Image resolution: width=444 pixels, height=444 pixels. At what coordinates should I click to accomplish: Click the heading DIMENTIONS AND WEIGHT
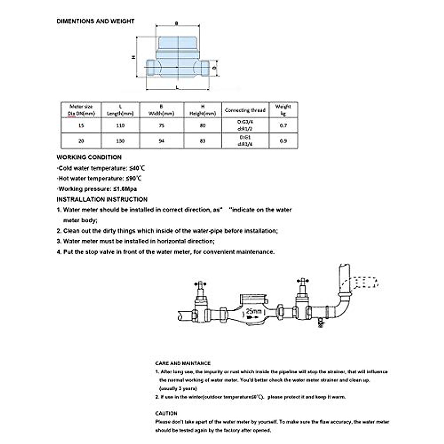95,21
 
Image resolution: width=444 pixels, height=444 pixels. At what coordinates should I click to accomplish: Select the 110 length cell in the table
120,125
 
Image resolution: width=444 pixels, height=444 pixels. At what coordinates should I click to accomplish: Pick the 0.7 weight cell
283,125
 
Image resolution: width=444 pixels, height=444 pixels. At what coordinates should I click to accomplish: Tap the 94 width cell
161,141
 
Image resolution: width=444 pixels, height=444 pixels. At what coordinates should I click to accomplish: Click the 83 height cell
203,141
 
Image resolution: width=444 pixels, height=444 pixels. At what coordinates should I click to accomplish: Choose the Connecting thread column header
245,110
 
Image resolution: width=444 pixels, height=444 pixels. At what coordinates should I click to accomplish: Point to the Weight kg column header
283,110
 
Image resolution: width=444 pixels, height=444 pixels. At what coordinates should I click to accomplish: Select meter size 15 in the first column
81,125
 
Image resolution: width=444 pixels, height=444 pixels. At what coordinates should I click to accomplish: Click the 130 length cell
120,141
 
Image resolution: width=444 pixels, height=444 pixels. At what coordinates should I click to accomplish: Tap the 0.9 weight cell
283,141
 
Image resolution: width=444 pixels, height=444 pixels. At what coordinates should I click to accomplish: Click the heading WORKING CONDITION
89,157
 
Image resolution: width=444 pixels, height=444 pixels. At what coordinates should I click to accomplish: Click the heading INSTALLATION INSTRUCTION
102,199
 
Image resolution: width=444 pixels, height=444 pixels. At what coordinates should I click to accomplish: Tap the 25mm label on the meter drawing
253,311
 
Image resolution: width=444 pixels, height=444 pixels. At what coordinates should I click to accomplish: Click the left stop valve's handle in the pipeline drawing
200,285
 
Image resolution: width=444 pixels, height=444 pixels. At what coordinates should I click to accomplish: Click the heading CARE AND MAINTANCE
183,363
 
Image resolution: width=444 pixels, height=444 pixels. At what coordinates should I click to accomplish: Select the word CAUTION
166,413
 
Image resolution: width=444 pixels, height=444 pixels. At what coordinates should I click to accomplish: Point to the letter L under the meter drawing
177,87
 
